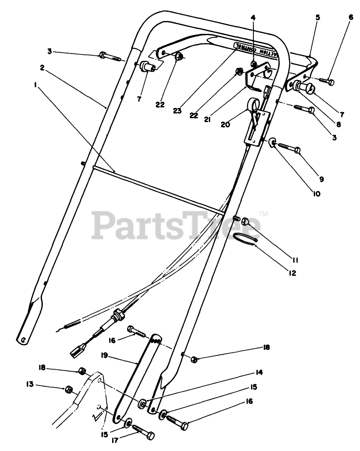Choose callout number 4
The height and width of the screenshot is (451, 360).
pyautogui.click(x=253, y=18)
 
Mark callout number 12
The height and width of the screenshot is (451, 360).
pyautogui.click(x=292, y=272)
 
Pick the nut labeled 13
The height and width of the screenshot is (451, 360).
pyautogui.click(x=67, y=389)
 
